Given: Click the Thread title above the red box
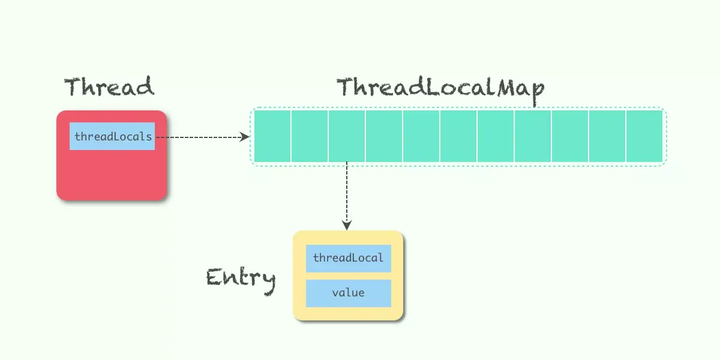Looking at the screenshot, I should (109, 87).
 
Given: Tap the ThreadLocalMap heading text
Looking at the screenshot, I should (441, 88).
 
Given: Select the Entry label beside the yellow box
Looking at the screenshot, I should (241, 278).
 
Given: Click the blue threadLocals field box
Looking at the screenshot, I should (112, 137).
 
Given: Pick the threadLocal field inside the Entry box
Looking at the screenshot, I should (348, 258).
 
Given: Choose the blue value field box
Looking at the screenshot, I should (348, 294).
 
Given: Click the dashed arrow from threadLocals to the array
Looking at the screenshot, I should (200, 137).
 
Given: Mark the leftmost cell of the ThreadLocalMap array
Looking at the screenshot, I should (271, 136).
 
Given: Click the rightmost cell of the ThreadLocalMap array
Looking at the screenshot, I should (645, 136).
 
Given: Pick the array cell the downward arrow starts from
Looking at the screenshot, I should (346, 136).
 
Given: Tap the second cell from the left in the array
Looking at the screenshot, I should (309, 136).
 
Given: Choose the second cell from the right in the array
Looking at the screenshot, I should (607, 136).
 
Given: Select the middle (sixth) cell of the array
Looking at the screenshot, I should (458, 136).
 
